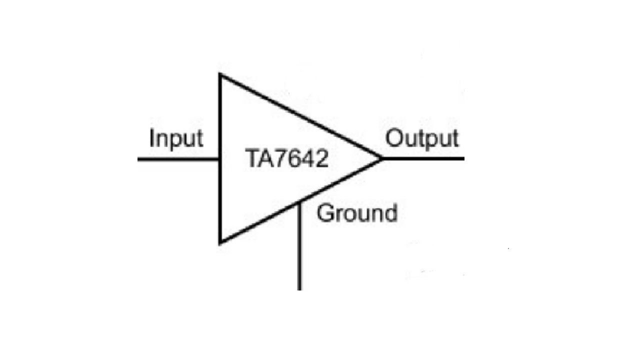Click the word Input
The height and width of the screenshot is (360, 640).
click(x=176, y=139)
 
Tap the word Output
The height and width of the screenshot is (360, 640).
click(x=422, y=139)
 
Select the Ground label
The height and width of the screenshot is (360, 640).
click(x=357, y=213)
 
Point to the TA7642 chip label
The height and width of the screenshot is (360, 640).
click(x=287, y=158)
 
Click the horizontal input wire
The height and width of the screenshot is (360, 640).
click(x=178, y=159)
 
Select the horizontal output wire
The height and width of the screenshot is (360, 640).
click(x=423, y=158)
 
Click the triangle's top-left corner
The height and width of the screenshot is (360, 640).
click(x=219, y=74)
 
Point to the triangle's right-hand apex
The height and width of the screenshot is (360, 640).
click(x=382, y=158)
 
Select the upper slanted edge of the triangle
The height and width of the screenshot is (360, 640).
click(x=301, y=116)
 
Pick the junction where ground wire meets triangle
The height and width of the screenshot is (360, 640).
click(x=299, y=202)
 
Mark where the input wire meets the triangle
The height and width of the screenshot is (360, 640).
click(x=219, y=159)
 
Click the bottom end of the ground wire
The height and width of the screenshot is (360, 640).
click(x=299, y=290)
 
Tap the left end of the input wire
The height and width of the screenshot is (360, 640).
click(x=138, y=159)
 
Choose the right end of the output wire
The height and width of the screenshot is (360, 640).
click(x=464, y=158)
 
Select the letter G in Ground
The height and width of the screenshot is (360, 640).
click(x=325, y=213)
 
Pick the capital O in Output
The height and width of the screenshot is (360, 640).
click(x=394, y=138)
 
